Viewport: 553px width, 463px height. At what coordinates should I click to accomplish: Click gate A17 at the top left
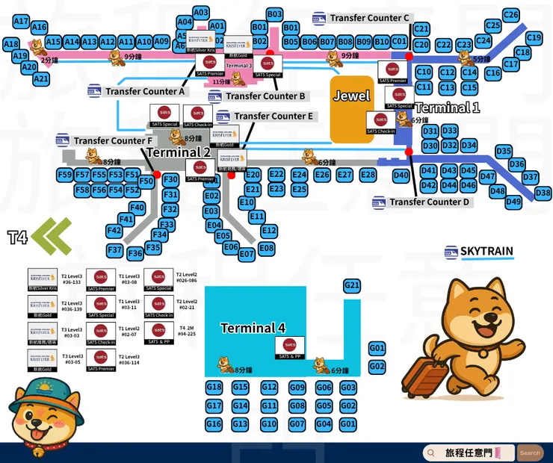(x=21, y=21)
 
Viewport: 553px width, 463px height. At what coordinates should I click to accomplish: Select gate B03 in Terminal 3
(x=274, y=14)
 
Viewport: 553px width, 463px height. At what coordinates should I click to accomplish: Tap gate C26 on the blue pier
(x=511, y=15)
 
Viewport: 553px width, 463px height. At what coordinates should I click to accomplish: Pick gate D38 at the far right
(x=543, y=193)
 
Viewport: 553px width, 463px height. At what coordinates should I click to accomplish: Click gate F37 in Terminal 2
(x=114, y=249)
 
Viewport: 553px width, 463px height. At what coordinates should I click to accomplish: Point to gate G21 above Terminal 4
(x=352, y=285)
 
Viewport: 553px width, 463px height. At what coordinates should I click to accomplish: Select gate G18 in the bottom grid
(x=214, y=387)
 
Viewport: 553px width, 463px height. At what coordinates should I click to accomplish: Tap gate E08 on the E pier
(x=267, y=248)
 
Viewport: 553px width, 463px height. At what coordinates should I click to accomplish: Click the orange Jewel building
(x=352, y=108)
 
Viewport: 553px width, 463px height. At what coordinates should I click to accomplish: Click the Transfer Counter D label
(x=429, y=202)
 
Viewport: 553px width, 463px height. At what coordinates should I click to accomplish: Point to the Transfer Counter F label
(x=113, y=140)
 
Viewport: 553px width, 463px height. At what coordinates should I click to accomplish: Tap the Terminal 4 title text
(x=253, y=328)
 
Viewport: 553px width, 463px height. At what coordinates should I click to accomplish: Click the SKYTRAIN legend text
(x=486, y=252)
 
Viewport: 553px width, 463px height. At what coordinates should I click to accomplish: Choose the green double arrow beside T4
(x=53, y=237)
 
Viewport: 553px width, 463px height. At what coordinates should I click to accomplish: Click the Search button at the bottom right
(x=530, y=453)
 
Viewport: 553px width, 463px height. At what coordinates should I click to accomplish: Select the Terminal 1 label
(x=447, y=108)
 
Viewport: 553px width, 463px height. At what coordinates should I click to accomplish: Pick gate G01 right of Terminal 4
(x=377, y=348)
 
